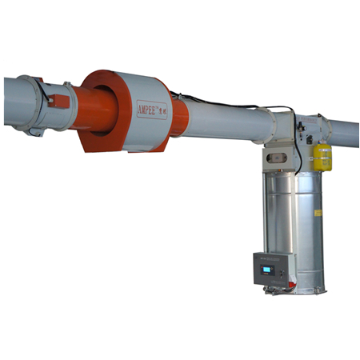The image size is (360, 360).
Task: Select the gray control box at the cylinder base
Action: pos(273,269)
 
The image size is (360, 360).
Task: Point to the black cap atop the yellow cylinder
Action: pos(322,141)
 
